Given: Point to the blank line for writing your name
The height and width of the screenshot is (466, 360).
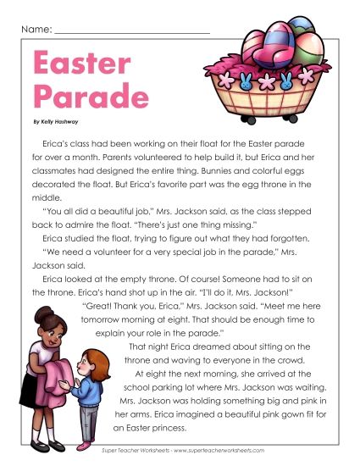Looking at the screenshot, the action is tap(131, 32).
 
